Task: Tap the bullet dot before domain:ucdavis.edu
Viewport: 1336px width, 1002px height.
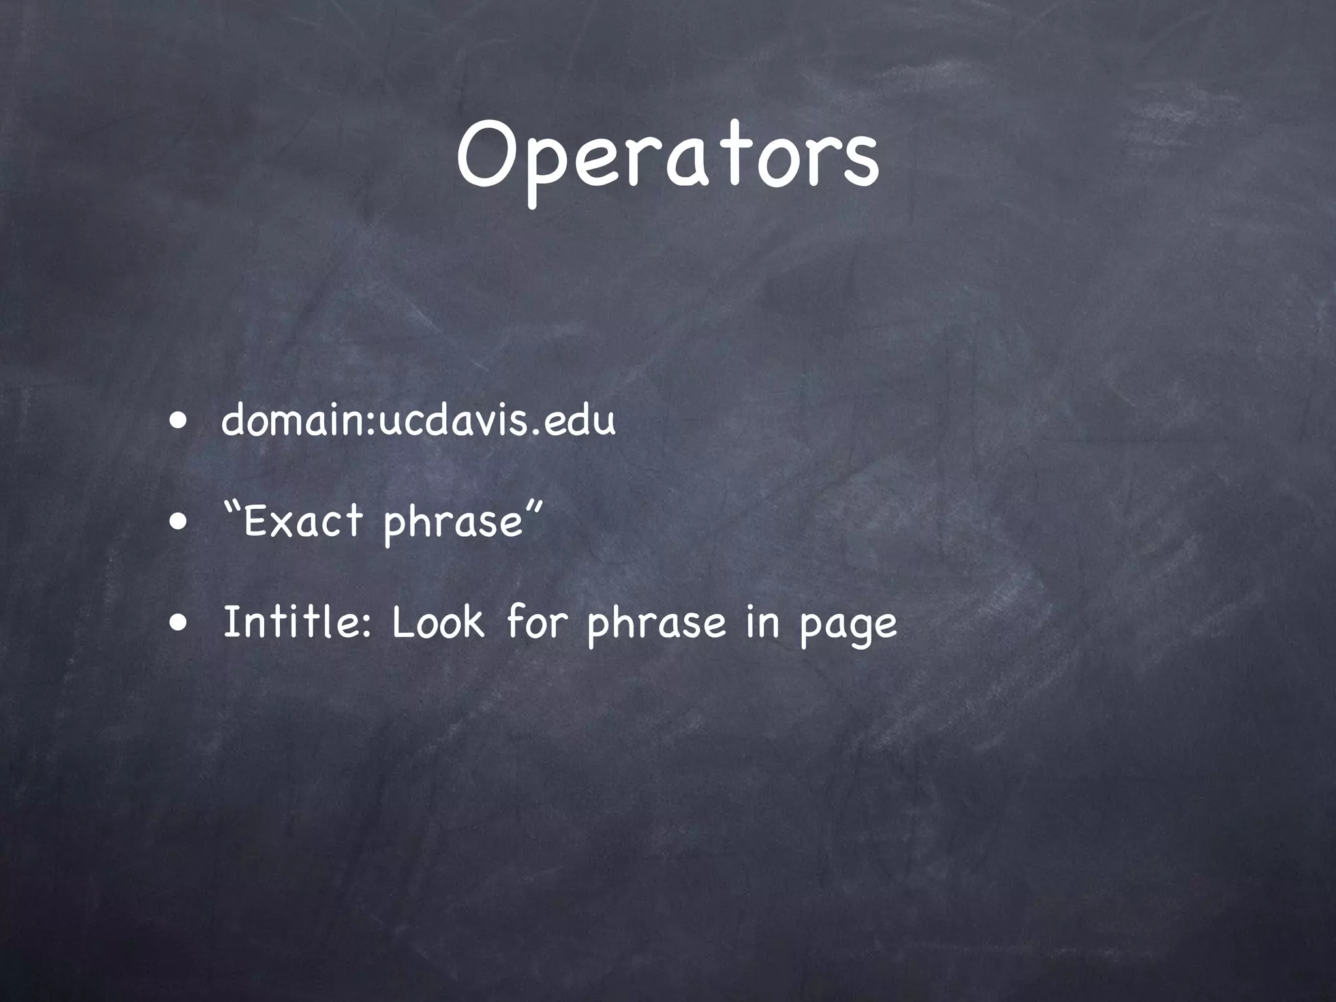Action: click(x=178, y=421)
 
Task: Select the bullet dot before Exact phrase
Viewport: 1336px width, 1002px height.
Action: click(x=178, y=521)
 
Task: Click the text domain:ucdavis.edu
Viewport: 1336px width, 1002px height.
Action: click(x=418, y=421)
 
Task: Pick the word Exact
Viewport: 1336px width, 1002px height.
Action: click(x=303, y=522)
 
